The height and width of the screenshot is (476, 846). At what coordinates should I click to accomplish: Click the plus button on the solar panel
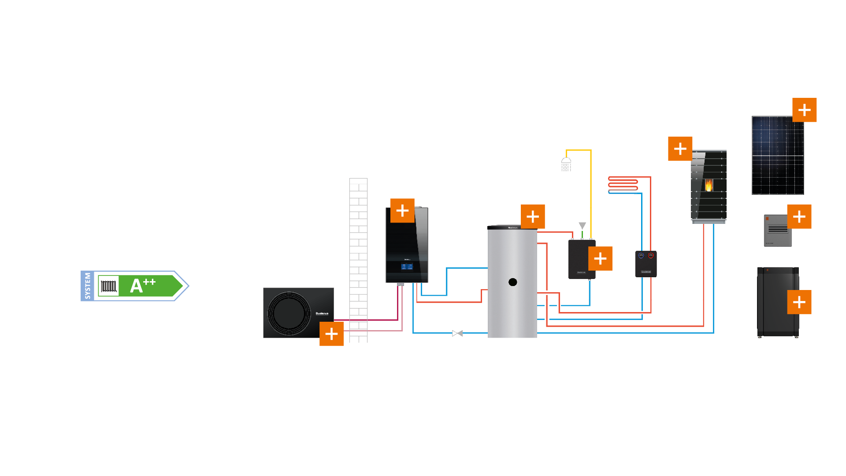[x=804, y=110]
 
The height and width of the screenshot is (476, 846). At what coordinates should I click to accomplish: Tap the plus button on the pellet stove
[x=680, y=149]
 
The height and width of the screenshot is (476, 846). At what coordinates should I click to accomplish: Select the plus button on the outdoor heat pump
[x=331, y=334]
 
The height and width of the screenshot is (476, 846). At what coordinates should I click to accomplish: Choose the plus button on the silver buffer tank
[x=533, y=216]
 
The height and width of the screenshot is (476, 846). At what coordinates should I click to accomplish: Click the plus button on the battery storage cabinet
[x=799, y=302]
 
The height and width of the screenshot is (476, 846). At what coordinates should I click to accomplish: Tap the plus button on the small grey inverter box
[x=799, y=216]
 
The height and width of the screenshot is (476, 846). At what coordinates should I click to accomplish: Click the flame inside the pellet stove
[x=709, y=185]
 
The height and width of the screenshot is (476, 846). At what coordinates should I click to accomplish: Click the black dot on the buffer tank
[x=512, y=282]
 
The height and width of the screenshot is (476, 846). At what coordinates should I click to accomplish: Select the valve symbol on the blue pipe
[x=457, y=333]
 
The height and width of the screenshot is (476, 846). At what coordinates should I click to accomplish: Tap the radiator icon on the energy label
[x=108, y=286]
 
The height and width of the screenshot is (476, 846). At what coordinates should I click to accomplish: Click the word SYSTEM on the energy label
[x=87, y=286]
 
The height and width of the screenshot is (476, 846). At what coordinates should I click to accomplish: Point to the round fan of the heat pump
[x=289, y=312]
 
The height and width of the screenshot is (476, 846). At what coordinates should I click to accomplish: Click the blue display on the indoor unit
[x=407, y=267]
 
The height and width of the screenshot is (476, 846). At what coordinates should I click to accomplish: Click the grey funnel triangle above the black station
[x=582, y=226]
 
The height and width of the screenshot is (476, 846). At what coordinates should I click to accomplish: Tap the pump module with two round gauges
[x=646, y=264]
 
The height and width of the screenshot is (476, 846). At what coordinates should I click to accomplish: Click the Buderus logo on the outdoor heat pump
[x=322, y=313]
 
